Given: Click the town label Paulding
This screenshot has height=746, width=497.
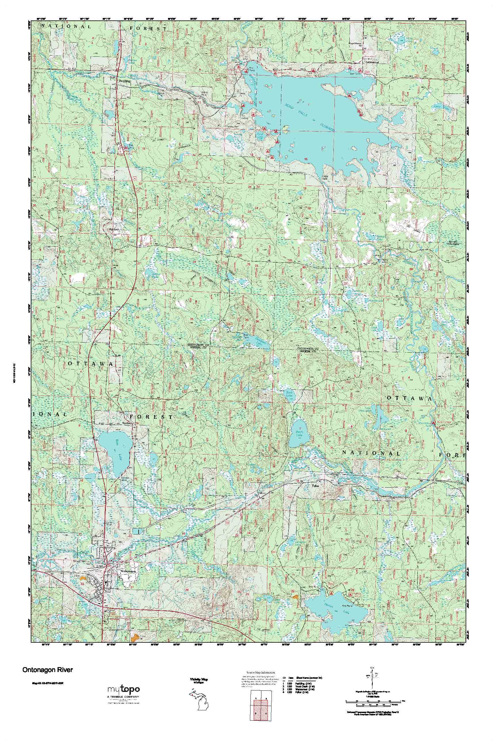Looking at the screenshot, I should point(125,81).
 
